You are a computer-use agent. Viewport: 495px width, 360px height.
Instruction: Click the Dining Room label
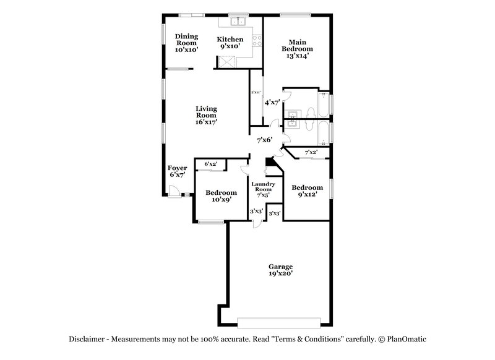coord(186,43)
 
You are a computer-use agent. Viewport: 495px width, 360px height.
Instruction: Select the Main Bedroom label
coord(297,49)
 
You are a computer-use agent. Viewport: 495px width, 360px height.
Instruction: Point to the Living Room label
coord(206,115)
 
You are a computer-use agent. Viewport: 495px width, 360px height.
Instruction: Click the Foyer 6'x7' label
coord(178,171)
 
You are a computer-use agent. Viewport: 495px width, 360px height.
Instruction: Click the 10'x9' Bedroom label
coord(221,196)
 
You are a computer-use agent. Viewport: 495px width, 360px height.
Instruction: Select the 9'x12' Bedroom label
coord(308,191)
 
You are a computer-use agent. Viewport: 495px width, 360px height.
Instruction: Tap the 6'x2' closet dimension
coord(211,164)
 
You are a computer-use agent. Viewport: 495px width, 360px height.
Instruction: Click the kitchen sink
coord(238,22)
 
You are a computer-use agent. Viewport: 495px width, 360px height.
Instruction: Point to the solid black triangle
coord(269,162)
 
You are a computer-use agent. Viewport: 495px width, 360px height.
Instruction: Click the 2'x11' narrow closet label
coord(256,93)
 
